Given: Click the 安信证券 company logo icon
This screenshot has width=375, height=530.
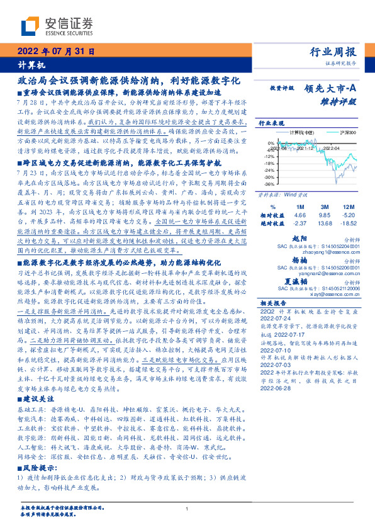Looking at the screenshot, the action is click(x=30, y=26).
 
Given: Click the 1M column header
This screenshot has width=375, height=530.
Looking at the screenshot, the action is click(x=299, y=206).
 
